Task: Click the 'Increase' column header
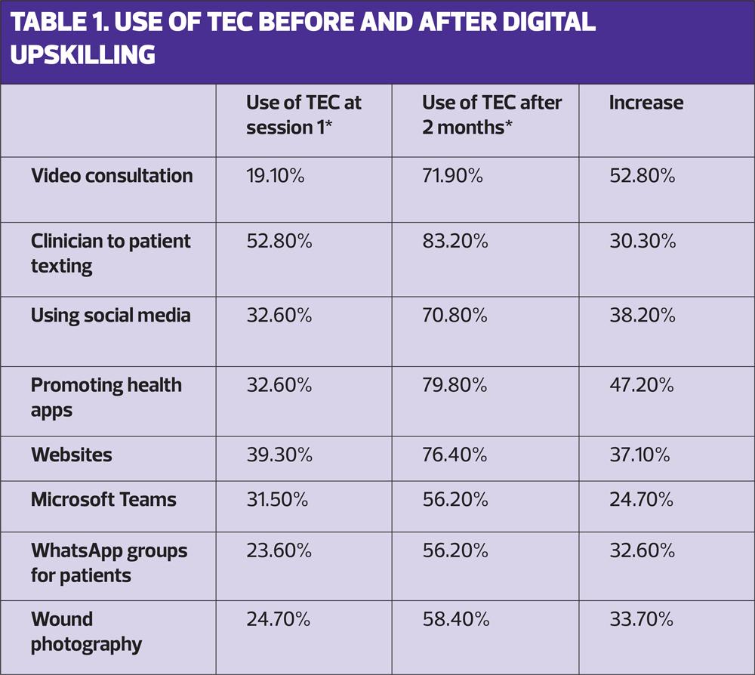[646, 103]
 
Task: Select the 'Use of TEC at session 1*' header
[304, 114]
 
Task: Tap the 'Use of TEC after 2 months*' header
[492, 114]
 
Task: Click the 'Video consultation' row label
[112, 176]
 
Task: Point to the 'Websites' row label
[72, 455]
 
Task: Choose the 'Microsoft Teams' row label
[103, 499]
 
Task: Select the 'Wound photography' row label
[86, 632]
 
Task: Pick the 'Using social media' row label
[110, 315]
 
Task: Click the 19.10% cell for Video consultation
[275, 176]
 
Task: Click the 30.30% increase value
[642, 242]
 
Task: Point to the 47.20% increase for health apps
[642, 385]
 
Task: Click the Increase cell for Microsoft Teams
[642, 499]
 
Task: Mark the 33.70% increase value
[642, 620]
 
